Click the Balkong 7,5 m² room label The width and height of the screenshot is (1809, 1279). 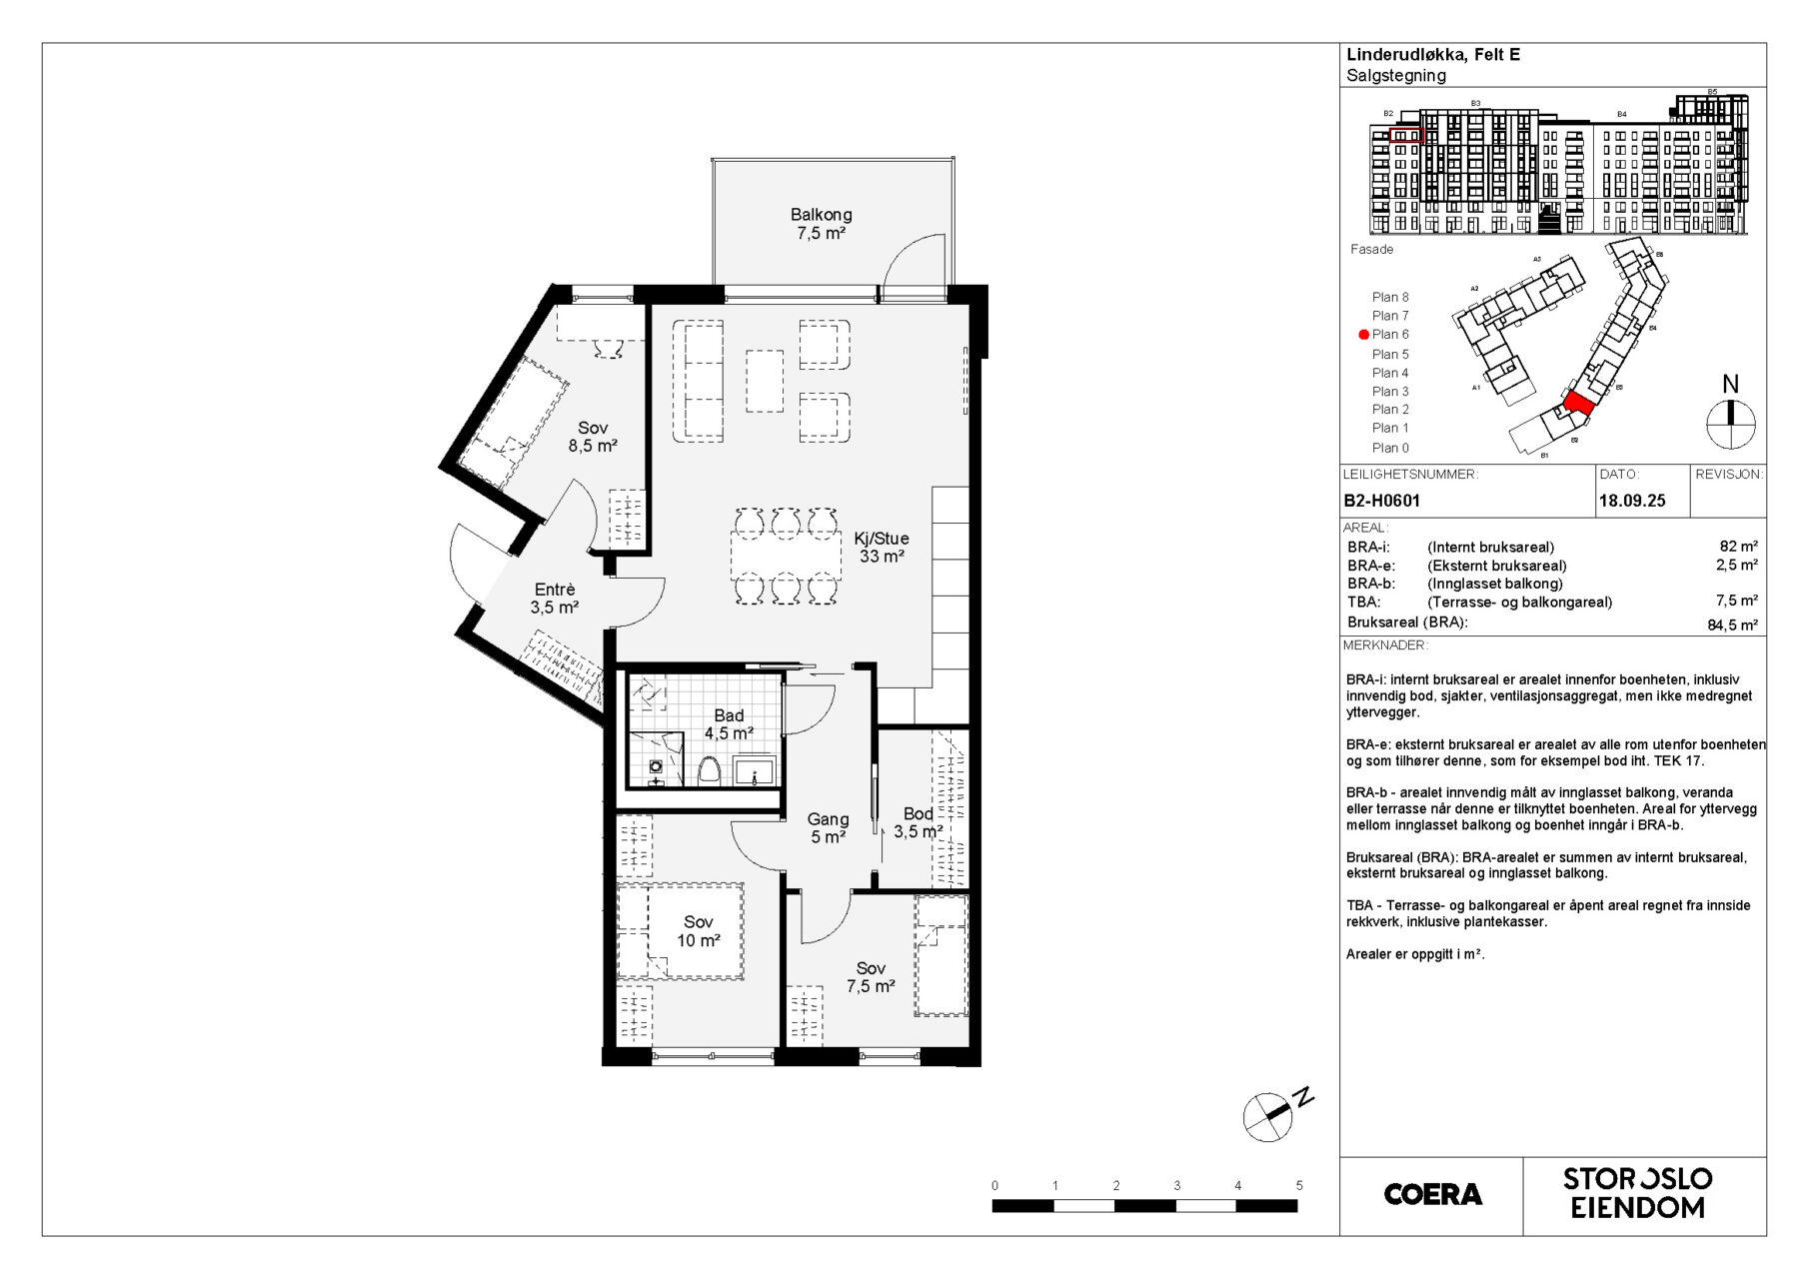tap(821, 224)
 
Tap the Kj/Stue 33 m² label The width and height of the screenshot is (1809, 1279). tap(882, 548)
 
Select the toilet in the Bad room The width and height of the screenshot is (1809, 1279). tap(709, 770)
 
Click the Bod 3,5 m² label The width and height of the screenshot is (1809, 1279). tap(917, 822)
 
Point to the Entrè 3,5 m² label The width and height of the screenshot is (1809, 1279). tap(555, 599)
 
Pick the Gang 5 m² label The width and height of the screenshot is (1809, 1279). tap(828, 828)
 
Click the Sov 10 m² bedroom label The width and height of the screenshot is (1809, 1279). tap(698, 931)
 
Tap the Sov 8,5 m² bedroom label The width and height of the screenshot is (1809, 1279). tap(593, 437)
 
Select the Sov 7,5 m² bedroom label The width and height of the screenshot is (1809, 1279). tap(871, 977)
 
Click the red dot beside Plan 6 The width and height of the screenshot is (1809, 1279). tap(1363, 335)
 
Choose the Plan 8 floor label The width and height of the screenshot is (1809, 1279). tap(1390, 297)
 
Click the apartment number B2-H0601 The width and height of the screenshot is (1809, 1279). tap(1382, 501)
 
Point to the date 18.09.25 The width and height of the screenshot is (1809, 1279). tap(1632, 501)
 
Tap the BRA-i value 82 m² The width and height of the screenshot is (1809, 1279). tap(1738, 547)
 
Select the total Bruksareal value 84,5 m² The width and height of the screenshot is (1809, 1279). tap(1732, 626)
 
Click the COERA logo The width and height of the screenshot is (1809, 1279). tap(1432, 1194)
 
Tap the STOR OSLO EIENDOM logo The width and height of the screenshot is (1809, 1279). tap(1638, 1193)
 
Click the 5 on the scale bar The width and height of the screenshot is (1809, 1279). tap(1299, 1186)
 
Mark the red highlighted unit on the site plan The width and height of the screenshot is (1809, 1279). tap(1578, 402)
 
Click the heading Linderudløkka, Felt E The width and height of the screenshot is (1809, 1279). tap(1432, 55)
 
